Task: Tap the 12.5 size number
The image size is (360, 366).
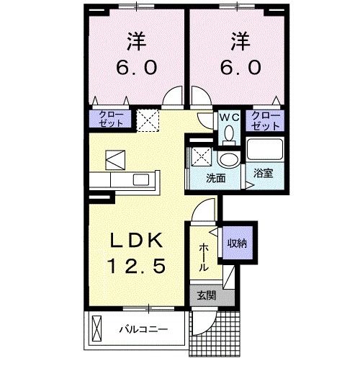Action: pos(138,267)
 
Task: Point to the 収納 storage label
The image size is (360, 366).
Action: pos(237,244)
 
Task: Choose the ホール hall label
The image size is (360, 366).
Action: pos(203,255)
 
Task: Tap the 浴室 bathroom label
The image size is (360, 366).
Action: pos(262,172)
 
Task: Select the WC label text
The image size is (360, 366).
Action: pos(230,116)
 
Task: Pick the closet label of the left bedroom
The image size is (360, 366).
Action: pos(110,119)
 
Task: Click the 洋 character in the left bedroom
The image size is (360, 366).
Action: pos(138,40)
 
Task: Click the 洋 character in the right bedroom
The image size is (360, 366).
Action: pos(239,40)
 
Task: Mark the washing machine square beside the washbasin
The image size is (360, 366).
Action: pos(199,156)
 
